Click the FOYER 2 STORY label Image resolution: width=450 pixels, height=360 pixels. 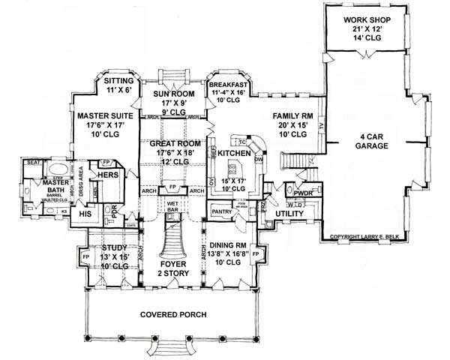tap(173, 269)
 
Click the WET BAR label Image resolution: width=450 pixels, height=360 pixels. tap(172, 205)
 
